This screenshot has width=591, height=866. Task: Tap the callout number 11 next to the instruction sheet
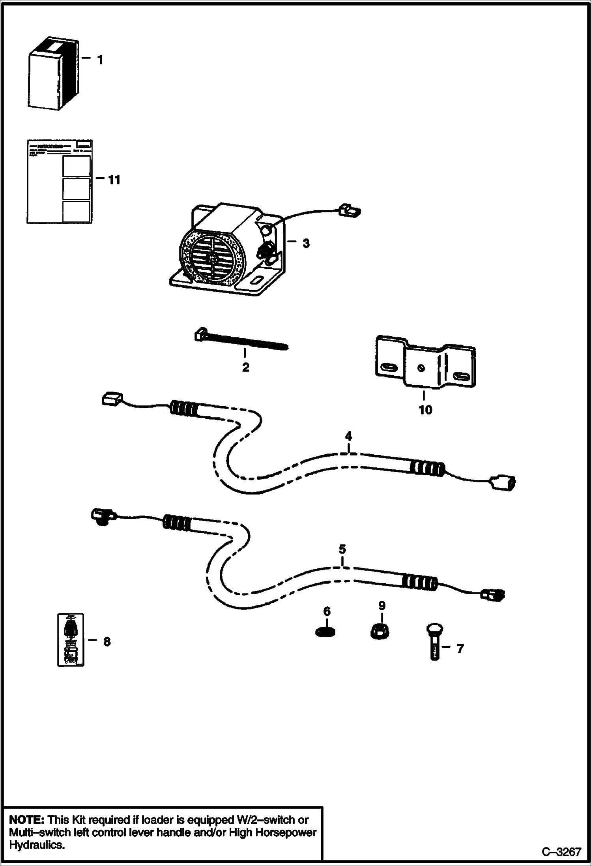pos(114,180)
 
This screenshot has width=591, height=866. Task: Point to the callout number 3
pos(306,244)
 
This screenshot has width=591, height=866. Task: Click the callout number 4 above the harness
pos(348,436)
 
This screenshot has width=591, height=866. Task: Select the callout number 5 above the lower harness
pos(342,549)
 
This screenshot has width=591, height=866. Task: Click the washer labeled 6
pos(327,632)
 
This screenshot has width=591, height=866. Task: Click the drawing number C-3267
pos(561,852)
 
